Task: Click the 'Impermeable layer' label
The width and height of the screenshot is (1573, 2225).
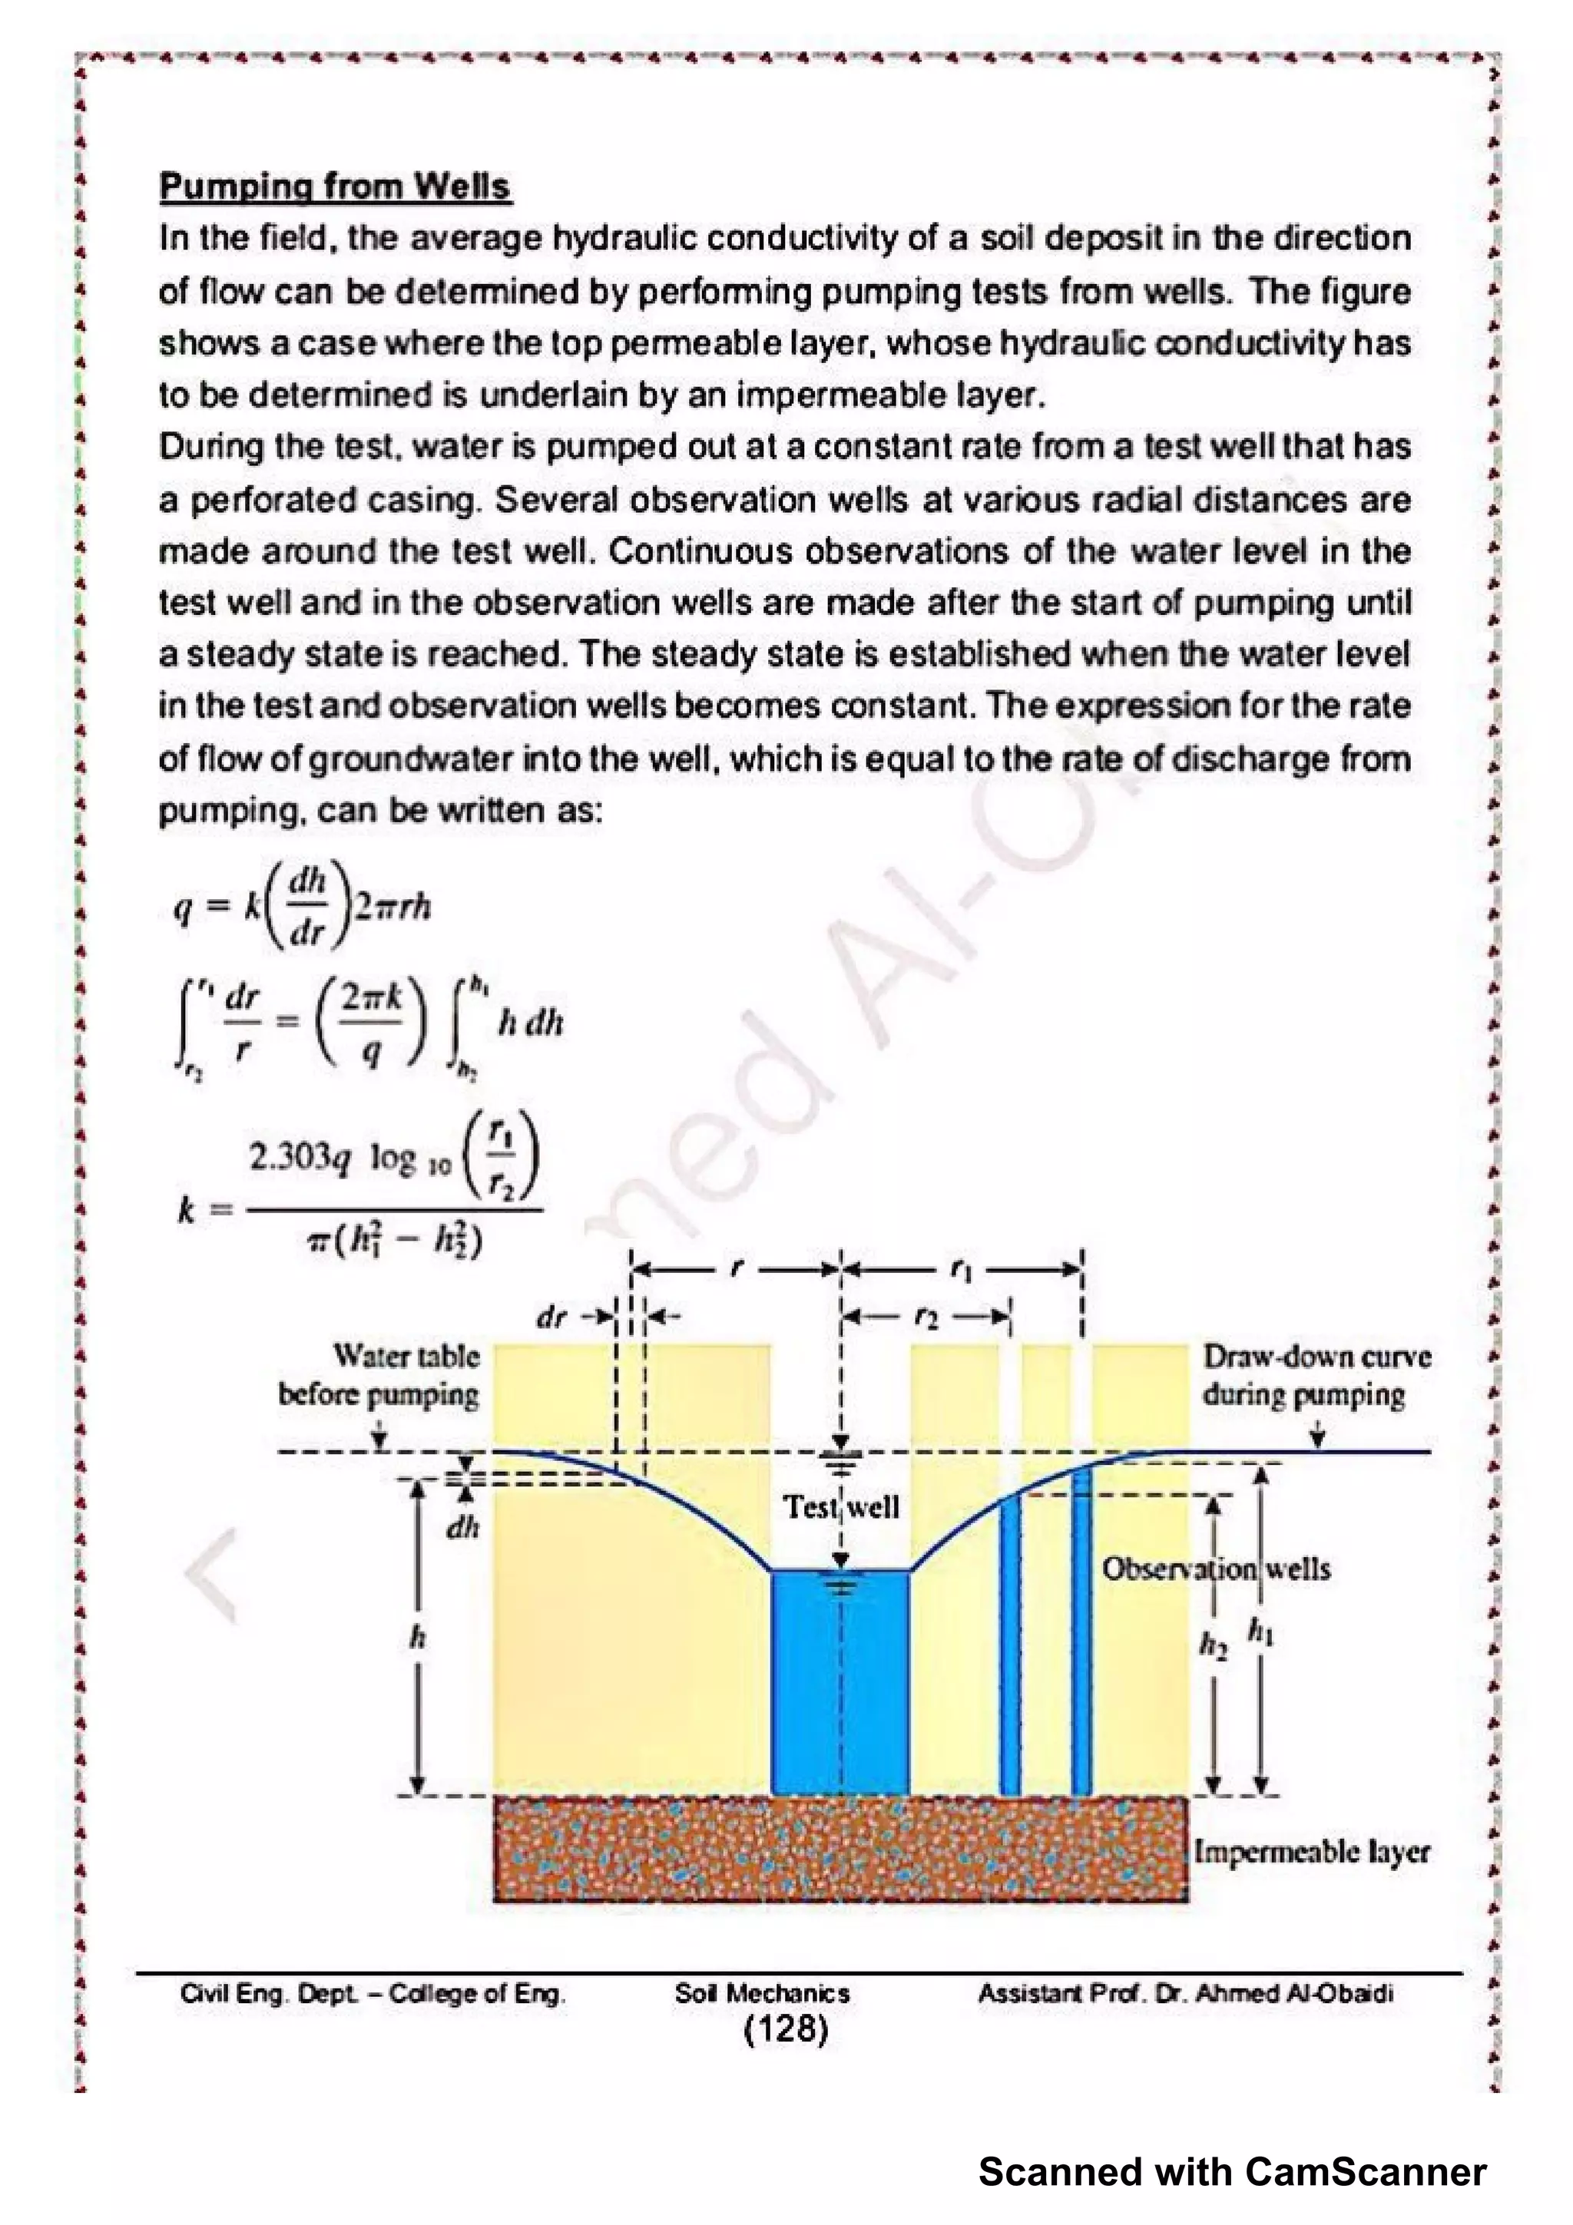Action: (x=1311, y=1851)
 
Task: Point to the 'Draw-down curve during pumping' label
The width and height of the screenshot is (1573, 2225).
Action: (x=1316, y=1376)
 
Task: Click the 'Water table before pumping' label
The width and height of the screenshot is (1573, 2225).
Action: (x=380, y=1376)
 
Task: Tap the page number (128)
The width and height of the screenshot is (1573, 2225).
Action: (x=785, y=2028)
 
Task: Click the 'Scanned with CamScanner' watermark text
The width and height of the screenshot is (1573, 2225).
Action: (x=1232, y=2173)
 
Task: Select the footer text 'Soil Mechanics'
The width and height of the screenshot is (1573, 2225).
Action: (x=762, y=1993)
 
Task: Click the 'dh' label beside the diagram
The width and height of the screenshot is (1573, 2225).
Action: (x=462, y=1528)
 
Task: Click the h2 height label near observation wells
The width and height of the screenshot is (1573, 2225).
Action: (x=1213, y=1645)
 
